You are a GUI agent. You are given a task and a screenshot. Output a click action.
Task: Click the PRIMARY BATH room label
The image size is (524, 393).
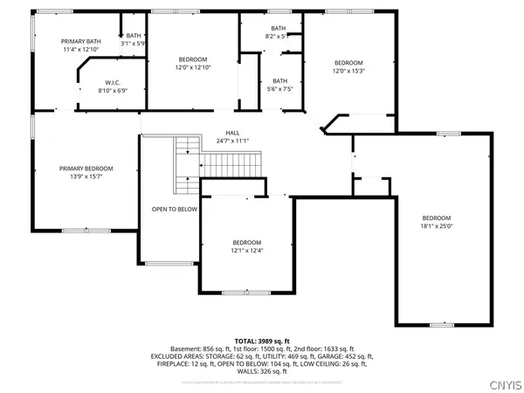pos(79,41)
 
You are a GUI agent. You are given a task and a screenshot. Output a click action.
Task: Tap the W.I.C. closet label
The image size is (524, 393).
pos(110,82)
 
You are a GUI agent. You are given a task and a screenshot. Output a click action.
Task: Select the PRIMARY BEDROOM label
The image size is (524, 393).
pos(86,169)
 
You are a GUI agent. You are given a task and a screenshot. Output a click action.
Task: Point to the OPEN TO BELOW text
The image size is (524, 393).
pos(175,210)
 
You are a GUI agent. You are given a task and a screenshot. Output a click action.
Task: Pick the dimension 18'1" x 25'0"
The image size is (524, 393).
pos(437,226)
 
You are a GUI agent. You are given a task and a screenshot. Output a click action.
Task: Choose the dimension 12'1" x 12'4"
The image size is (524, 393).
pos(246,251)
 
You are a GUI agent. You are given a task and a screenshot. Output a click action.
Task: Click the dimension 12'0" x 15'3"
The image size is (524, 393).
pos(348,72)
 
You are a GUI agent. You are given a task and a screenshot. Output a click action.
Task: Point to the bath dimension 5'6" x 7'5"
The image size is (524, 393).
pos(279,88)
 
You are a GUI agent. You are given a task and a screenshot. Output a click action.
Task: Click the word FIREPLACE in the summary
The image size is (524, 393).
pos(166,363)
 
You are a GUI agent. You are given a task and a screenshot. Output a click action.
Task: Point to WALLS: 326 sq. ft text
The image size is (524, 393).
pos(262,372)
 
